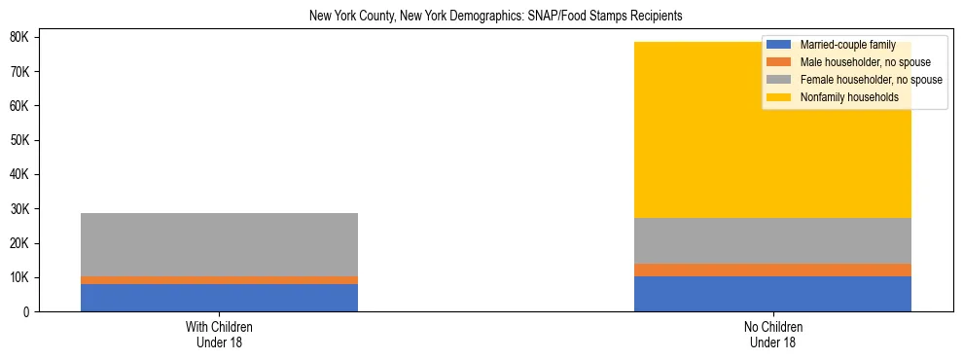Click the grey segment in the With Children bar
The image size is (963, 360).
(x=219, y=244)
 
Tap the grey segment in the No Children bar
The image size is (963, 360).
(x=772, y=240)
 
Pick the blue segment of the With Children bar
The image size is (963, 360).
(x=219, y=298)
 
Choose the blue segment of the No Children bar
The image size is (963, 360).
(x=772, y=294)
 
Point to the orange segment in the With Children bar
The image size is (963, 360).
(x=219, y=280)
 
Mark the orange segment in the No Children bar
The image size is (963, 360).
(x=772, y=270)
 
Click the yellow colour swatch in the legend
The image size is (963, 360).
(x=779, y=97)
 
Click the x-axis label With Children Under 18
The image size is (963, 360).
(x=219, y=335)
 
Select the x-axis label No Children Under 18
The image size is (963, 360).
(x=772, y=335)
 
